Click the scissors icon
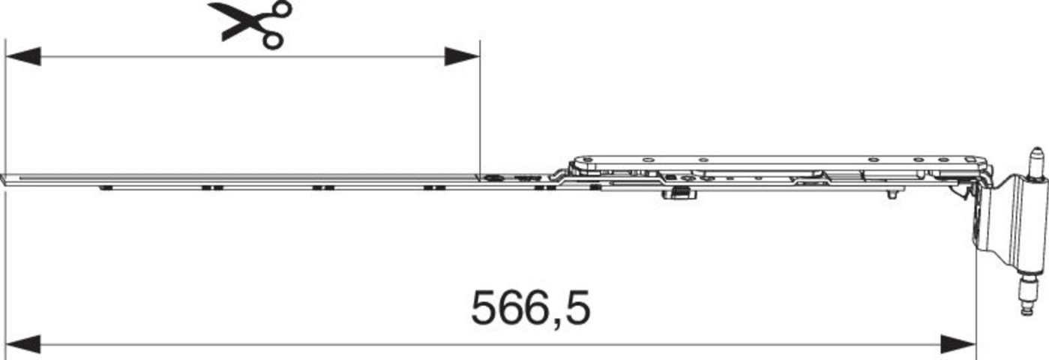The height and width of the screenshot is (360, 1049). coord(250,24)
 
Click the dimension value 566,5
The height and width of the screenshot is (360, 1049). coord(531,308)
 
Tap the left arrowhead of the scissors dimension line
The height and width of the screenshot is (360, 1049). coord(23,57)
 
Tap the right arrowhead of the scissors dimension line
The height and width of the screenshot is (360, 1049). coord(462,57)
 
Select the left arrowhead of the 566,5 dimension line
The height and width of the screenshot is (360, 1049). coord(23,344)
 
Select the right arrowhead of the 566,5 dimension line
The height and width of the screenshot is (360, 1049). coord(958,344)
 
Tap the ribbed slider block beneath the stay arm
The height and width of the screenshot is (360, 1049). coord(680,205)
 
